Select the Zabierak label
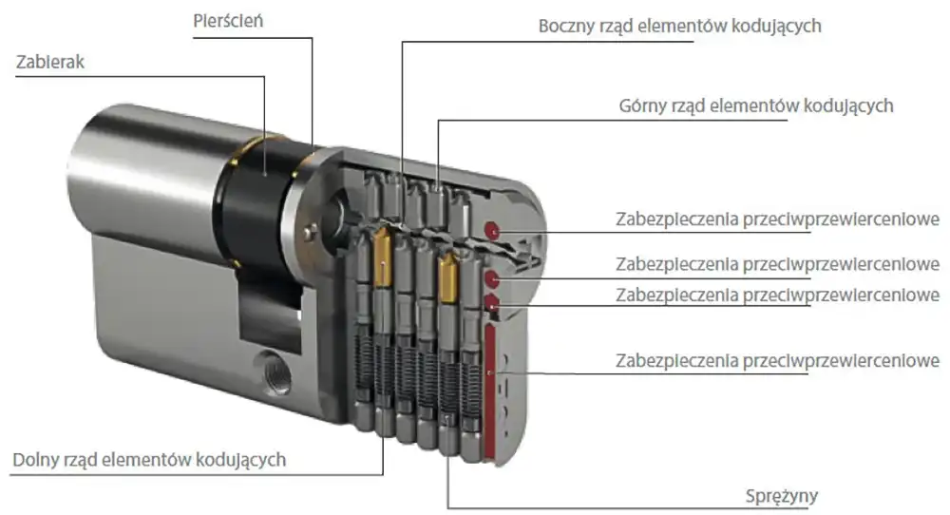(49, 63)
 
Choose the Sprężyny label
(782, 496)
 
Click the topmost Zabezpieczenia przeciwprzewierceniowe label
(777, 220)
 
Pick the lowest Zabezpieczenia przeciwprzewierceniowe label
(777, 361)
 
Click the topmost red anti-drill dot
(491, 230)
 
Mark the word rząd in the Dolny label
(78, 460)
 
